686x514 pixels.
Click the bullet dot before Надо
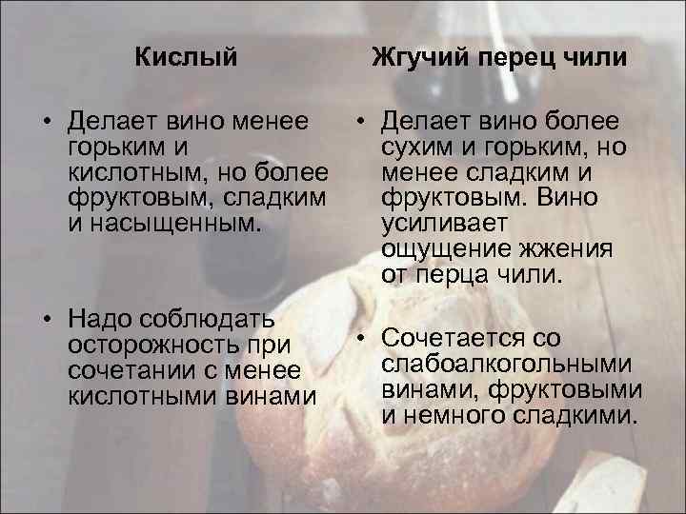[45, 318]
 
